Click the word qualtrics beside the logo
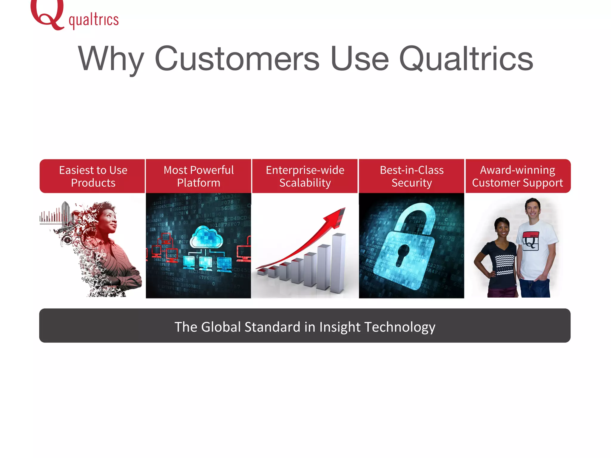pos(94,20)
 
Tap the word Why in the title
pos(111,59)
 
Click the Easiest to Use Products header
pos(93,176)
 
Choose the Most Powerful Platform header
pos(198,176)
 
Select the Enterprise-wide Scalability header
pos(305,176)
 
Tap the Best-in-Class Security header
pos(411,176)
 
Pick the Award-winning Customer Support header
pos(518,176)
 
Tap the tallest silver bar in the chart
pos(339,262)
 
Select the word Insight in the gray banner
pos(340,327)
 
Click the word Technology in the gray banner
pos(399,327)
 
